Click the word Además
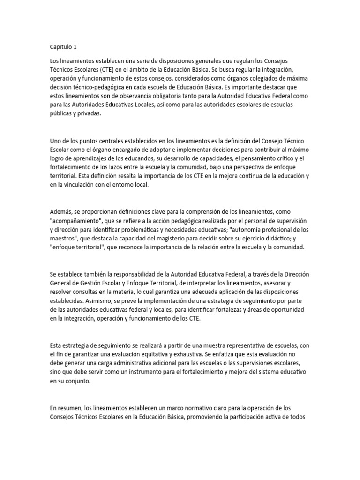60,212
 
